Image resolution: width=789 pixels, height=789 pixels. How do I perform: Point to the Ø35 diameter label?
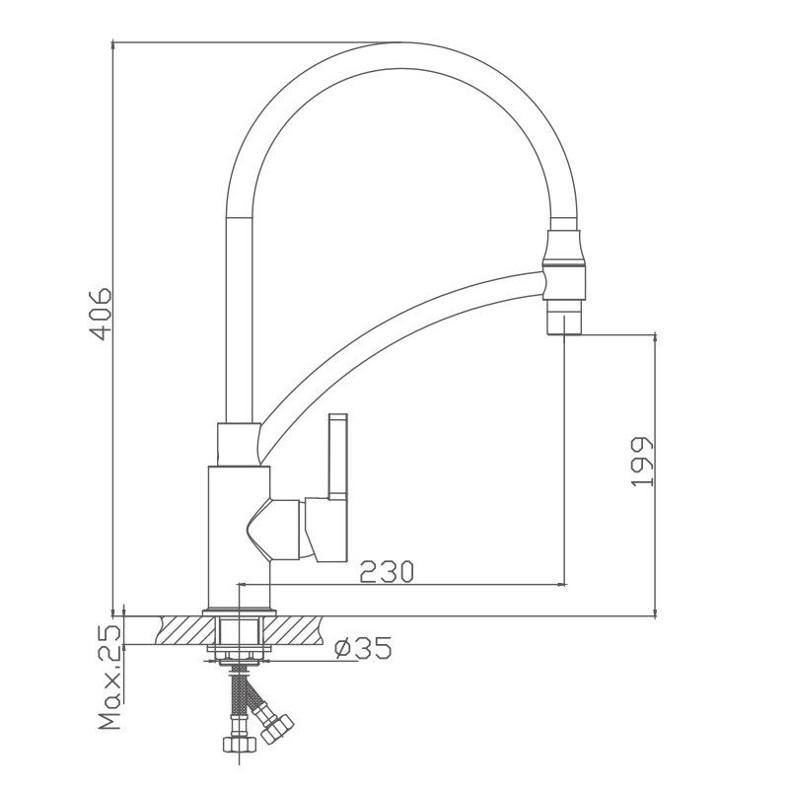363,648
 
